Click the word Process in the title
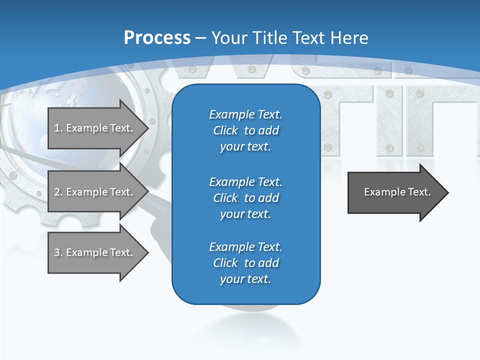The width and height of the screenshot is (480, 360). click(157, 38)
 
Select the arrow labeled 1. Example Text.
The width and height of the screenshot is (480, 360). click(95, 128)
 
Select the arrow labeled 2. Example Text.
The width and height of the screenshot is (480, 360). click(95, 192)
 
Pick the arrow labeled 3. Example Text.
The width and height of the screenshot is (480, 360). click(95, 252)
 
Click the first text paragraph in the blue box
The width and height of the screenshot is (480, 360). click(245, 130)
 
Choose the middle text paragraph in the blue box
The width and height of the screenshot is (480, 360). click(245, 197)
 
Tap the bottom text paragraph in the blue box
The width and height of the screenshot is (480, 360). click(245, 263)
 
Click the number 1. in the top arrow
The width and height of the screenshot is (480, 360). click(58, 128)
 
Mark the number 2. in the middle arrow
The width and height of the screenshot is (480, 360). click(58, 192)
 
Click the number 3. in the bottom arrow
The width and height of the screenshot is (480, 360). click(58, 252)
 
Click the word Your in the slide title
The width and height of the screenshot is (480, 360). click(229, 38)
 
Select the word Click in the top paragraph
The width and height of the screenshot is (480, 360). click(225, 130)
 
